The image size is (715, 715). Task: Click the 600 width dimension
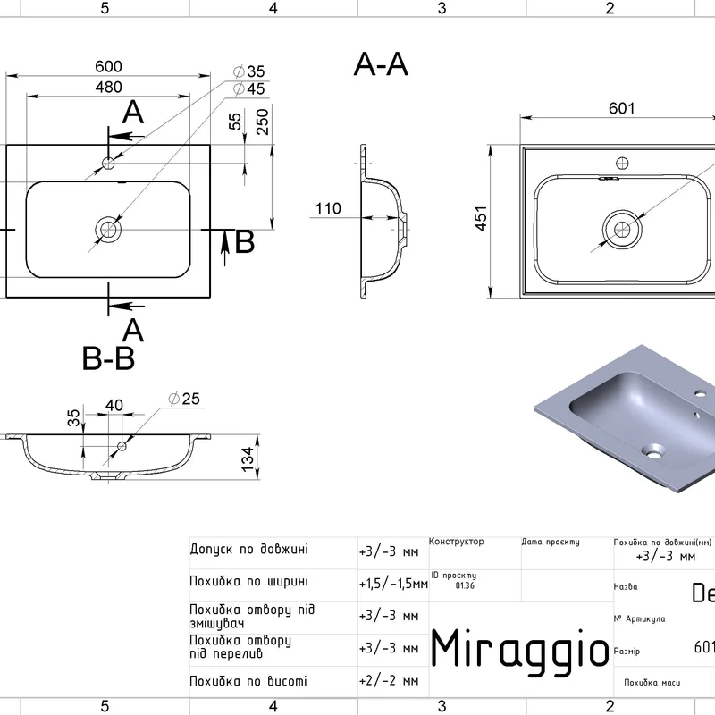tap(108, 67)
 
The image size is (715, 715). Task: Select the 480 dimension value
tap(108, 87)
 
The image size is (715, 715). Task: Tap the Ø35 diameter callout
tap(249, 71)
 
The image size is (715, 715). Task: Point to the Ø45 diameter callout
tap(249, 88)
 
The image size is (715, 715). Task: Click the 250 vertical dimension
tap(262, 122)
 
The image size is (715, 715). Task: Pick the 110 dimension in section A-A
tap(328, 209)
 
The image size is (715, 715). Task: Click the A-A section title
tap(382, 64)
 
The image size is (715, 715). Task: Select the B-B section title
tap(108, 359)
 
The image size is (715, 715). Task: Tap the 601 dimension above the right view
tap(621, 108)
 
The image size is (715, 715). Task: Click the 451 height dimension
tap(480, 220)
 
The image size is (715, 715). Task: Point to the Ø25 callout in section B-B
tap(184, 399)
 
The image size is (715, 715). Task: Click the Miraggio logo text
tap(520, 648)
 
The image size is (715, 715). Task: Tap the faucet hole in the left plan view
tap(109, 163)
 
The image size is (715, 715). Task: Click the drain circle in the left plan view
tap(109, 230)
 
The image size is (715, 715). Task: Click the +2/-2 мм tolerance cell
tap(388, 681)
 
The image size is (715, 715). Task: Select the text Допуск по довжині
tap(249, 549)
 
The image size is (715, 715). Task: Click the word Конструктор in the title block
tap(456, 542)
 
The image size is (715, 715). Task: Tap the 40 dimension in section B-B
tap(114, 406)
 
